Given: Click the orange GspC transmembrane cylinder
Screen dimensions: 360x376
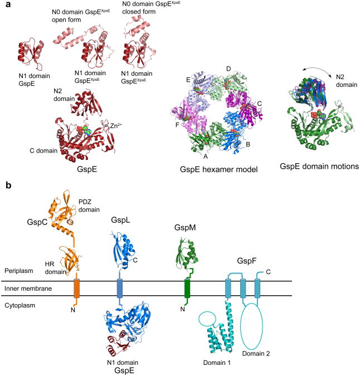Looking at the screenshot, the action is (77, 288).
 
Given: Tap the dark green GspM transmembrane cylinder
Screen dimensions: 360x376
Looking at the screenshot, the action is (188, 288).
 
